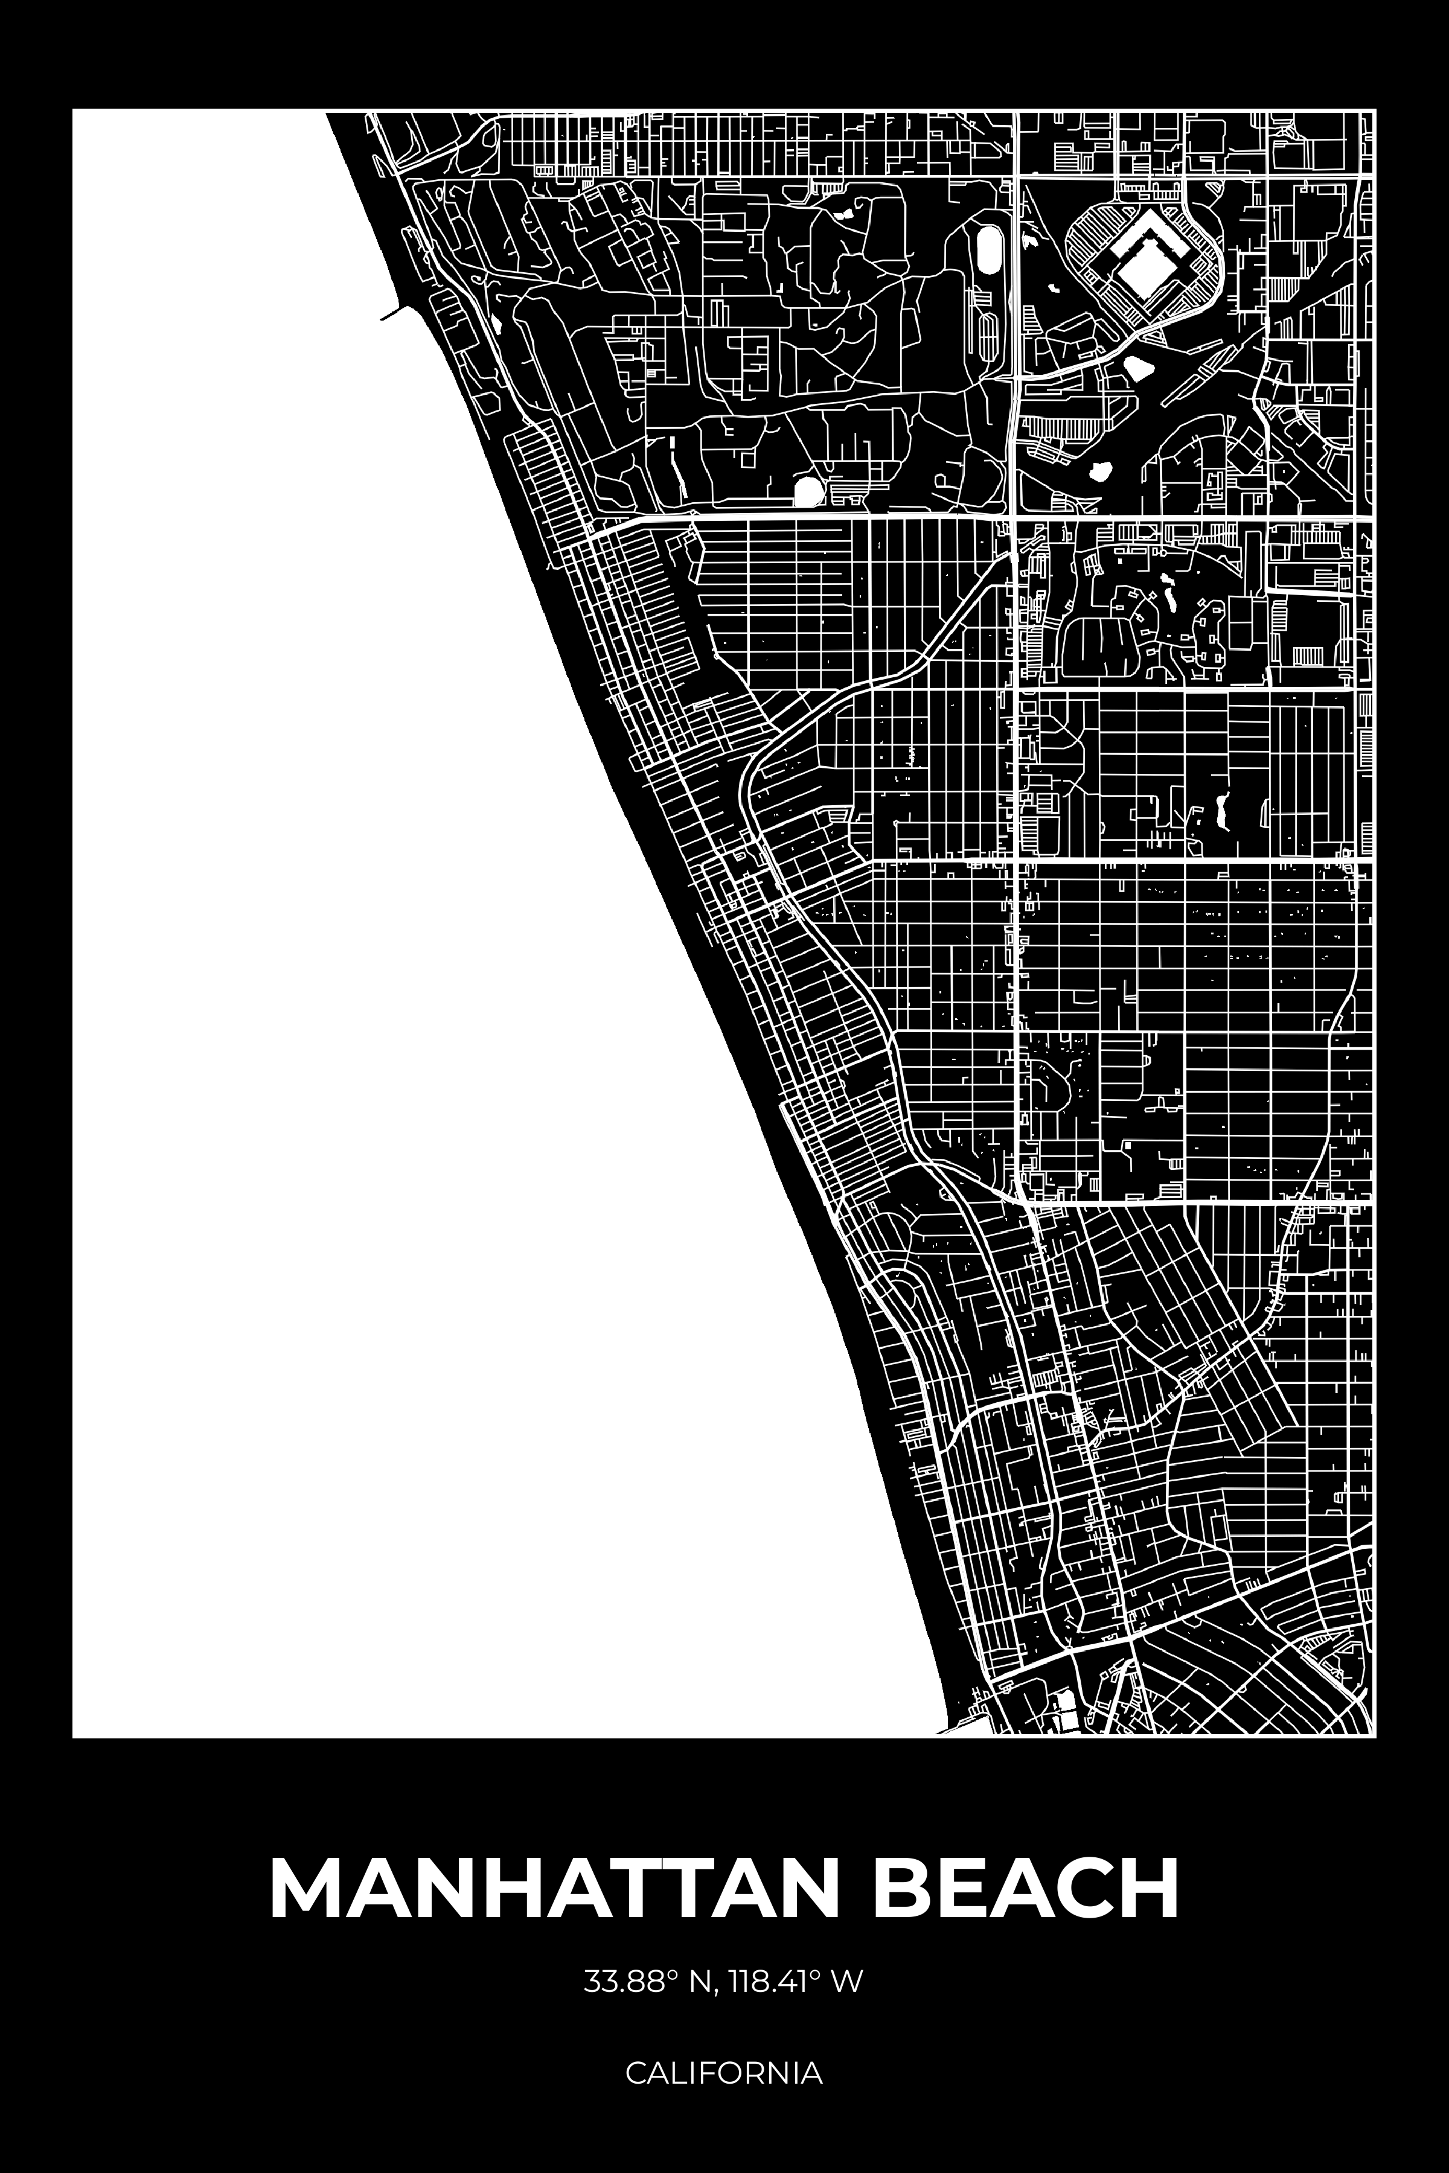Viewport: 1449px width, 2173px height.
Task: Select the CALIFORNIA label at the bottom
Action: point(723,2072)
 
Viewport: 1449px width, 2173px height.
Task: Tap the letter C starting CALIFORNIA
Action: point(635,2072)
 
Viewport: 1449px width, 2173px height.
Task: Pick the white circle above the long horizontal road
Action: point(808,491)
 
